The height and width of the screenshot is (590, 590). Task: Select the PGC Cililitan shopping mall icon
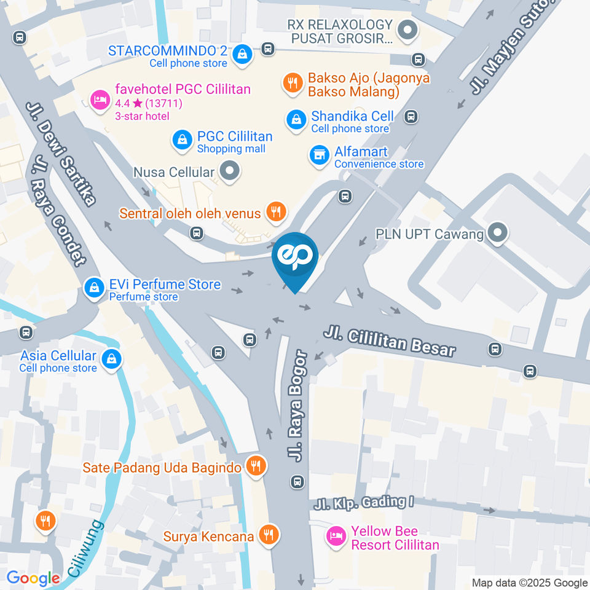[183, 140]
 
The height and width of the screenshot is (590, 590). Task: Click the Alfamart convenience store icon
[319, 155]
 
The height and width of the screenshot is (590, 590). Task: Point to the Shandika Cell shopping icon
[297, 119]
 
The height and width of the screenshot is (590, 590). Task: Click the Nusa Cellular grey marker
[230, 172]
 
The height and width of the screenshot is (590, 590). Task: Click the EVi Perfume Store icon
[95, 287]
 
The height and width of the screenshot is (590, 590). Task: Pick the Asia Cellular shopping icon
[111, 359]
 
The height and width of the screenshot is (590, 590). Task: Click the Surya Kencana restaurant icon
[268, 535]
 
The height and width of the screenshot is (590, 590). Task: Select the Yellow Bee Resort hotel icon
[336, 535]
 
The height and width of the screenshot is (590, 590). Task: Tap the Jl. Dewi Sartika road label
[62, 153]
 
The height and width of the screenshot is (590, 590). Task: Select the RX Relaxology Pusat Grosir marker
[406, 29]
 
